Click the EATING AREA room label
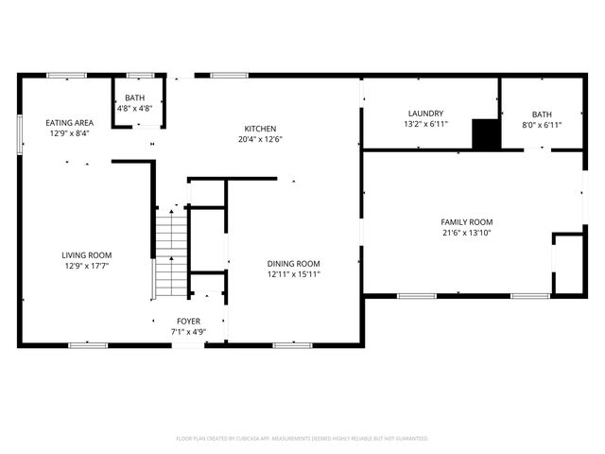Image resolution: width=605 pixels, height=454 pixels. [70, 123]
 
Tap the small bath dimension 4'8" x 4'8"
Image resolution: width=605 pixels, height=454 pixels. [134, 109]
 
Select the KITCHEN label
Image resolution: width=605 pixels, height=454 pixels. [260, 129]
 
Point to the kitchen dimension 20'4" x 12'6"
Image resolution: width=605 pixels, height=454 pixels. [260, 139]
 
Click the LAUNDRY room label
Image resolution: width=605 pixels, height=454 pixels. [425, 113]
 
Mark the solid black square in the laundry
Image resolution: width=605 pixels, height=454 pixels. [486, 134]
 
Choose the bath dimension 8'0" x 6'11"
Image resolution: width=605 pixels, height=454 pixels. [541, 124]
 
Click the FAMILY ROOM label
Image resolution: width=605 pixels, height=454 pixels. [467, 221]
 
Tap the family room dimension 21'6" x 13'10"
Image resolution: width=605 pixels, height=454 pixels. [467, 233]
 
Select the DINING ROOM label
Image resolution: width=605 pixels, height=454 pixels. [293, 264]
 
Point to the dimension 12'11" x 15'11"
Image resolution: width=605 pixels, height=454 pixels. [293, 275]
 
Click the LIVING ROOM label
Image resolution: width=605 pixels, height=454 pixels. [87, 254]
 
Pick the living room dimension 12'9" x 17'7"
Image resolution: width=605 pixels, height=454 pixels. [87, 266]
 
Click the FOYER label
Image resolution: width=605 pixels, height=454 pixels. [188, 322]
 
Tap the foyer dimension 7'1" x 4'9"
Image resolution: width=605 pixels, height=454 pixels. [188, 332]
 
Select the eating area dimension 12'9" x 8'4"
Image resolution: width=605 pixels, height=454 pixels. [70, 133]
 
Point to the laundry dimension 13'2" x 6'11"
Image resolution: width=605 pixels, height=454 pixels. [425, 124]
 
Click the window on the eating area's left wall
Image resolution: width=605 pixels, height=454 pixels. [19, 132]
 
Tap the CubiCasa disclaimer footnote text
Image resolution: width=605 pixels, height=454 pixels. [302, 438]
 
